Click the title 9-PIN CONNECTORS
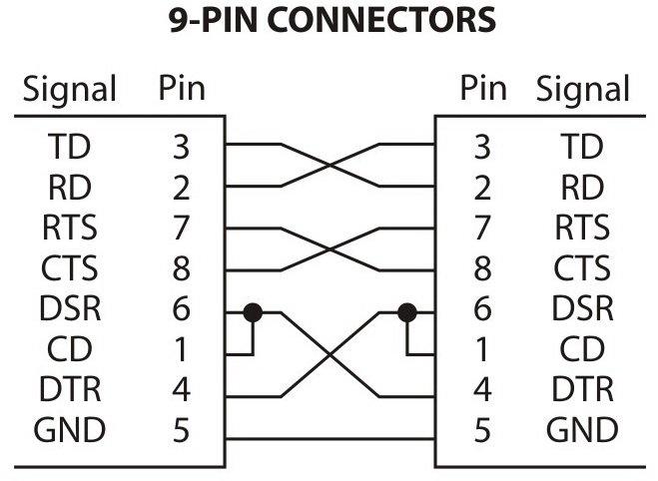click(x=329, y=19)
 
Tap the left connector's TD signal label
click(x=70, y=148)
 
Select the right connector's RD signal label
click(x=583, y=188)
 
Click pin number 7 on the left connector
click(x=181, y=229)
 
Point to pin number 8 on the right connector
click(x=482, y=269)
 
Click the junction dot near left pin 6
click(x=253, y=312)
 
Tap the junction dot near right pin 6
click(x=406, y=312)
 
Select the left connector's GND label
click(x=70, y=431)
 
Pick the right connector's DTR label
click(x=583, y=390)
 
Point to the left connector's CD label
click(x=70, y=350)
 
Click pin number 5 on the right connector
click(x=482, y=431)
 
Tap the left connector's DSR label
click(x=70, y=309)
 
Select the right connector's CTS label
click(x=583, y=269)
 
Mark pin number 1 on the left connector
click(x=181, y=350)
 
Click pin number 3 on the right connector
click(x=482, y=148)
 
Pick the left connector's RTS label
click(x=70, y=229)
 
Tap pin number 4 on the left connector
click(x=181, y=390)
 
